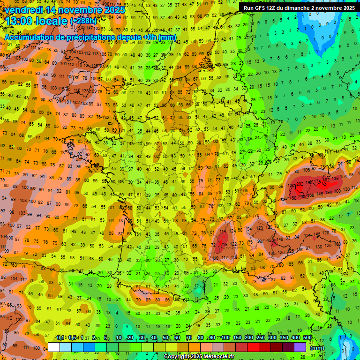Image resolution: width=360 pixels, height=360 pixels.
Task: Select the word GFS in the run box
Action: pos(261,8)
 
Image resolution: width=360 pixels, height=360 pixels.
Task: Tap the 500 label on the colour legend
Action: pos(307,338)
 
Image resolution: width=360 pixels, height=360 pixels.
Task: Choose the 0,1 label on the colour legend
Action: pos(60,338)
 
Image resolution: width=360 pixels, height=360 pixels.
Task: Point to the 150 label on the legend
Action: pos(237,338)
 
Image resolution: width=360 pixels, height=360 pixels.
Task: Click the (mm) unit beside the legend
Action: pos(317,348)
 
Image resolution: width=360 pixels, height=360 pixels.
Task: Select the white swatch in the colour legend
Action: pos(54,347)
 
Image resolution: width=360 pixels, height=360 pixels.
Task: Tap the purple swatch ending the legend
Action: pos(300,347)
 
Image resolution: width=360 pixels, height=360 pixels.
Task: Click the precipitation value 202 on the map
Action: pos(300,184)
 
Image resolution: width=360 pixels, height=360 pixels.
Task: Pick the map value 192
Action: pos(327,180)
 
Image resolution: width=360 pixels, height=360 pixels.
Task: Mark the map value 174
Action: pos(317,181)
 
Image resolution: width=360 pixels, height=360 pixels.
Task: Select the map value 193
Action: pos(330,192)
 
